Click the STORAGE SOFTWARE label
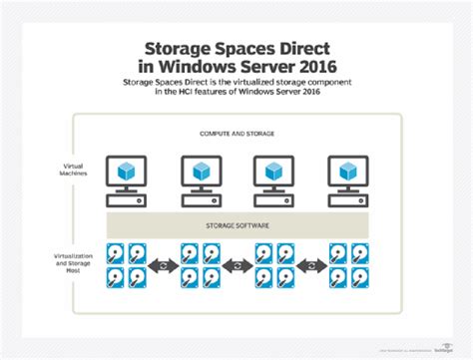pyautogui.click(x=236, y=225)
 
